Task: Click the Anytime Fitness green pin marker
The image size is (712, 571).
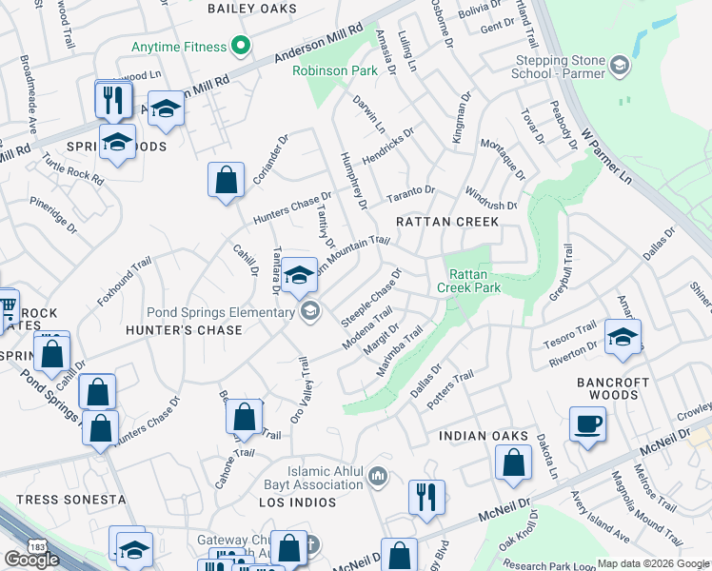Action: (241, 46)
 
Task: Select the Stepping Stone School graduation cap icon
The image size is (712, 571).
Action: (620, 65)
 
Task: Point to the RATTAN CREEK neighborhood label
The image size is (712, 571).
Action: (446, 222)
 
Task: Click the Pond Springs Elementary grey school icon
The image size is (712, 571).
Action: (310, 311)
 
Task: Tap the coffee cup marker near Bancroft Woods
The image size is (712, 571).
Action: (587, 423)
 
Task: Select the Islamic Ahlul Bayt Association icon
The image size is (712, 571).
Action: (378, 475)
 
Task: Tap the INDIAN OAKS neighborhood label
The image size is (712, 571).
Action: (484, 436)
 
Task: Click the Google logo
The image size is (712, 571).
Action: (31, 560)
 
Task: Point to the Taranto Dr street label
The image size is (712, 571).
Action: (410, 194)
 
